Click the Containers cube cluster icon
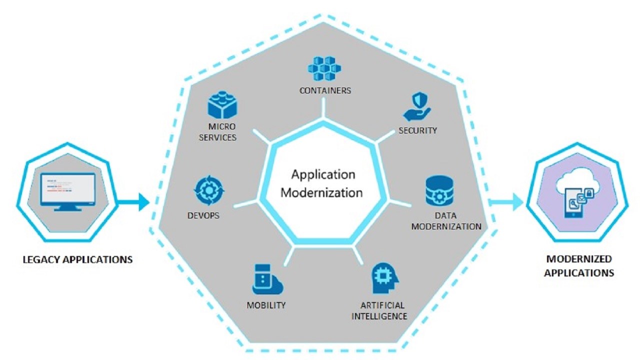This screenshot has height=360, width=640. tap(324, 68)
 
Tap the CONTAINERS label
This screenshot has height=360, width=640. tap(325, 90)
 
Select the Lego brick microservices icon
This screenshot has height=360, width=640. tap(222, 104)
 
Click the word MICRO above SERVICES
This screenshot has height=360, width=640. tap(222, 126)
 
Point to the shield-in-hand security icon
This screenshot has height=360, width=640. tap(417, 107)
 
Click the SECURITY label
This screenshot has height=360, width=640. tap(417, 130)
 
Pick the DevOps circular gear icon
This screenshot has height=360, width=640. tap(209, 190)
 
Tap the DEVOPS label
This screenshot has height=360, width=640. tap(203, 215)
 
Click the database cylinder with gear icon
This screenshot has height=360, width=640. tap(439, 190)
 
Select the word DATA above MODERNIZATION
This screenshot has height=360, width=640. tap(445, 215)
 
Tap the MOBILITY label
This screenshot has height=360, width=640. tap(266, 305)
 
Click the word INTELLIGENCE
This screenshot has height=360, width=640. tap(379, 316)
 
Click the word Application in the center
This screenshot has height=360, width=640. tap(323, 175)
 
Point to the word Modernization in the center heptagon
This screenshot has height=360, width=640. tap(321, 193)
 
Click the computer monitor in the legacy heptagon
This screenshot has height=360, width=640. tap(67, 191)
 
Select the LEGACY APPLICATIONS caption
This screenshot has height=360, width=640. tap(77, 259)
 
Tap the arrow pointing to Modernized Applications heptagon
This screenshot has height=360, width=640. tap(505, 202)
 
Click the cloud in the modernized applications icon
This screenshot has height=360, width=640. tap(577, 181)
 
